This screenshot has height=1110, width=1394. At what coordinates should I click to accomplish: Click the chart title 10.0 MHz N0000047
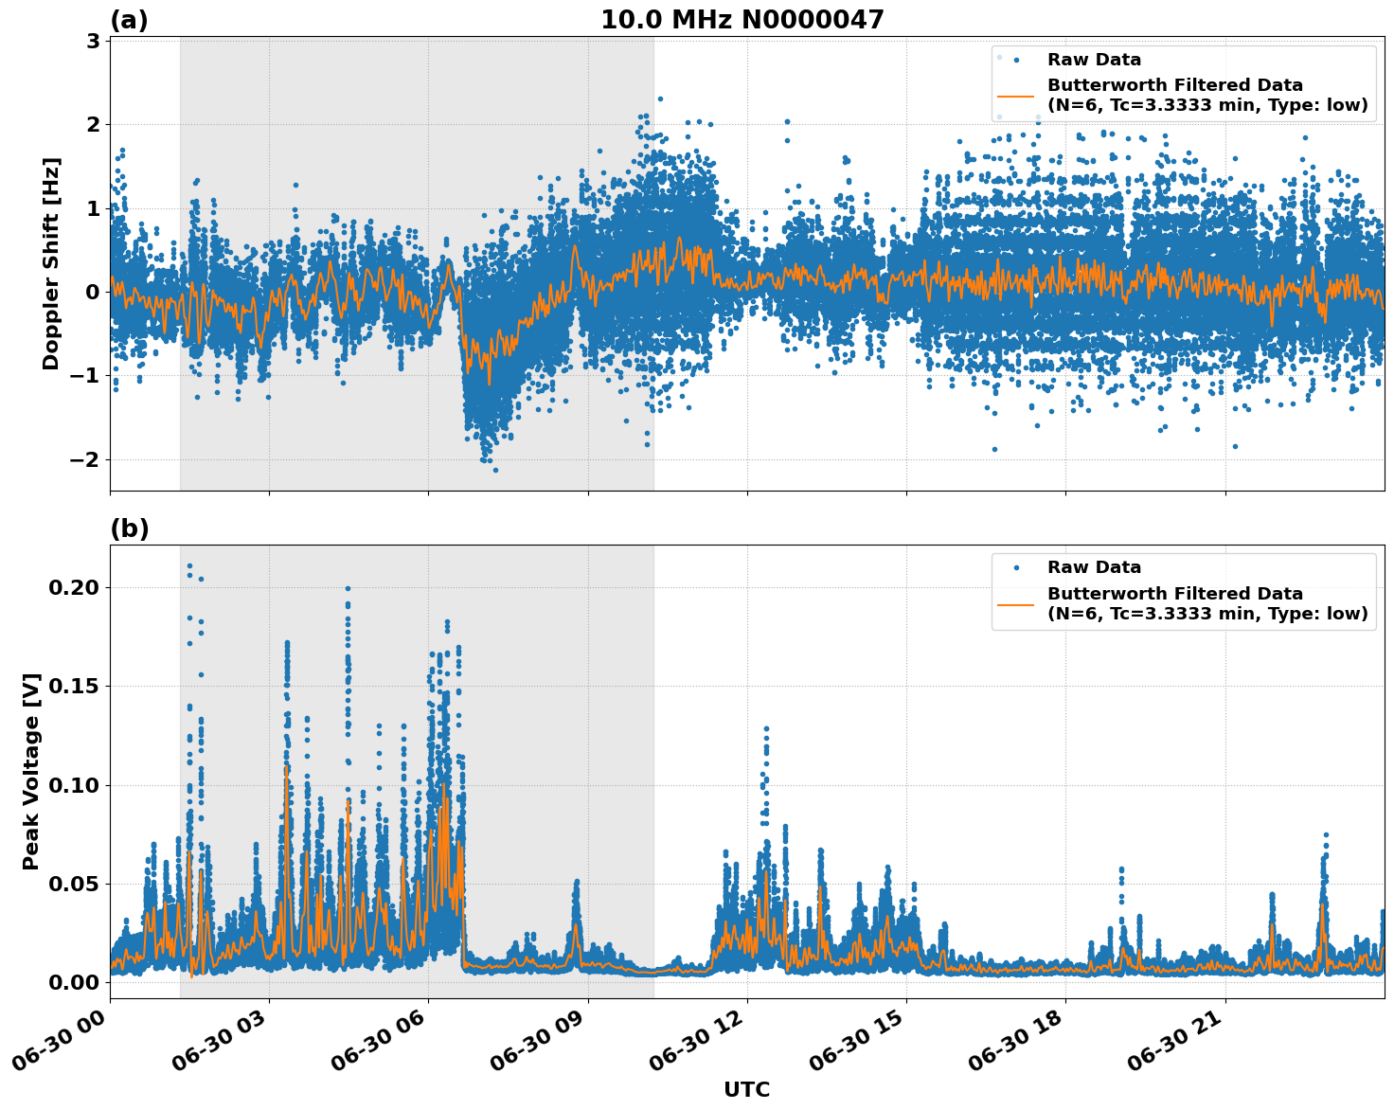tap(742, 20)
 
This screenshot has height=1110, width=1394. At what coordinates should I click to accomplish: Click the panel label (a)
tap(129, 20)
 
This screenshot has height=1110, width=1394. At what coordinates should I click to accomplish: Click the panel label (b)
tap(129, 528)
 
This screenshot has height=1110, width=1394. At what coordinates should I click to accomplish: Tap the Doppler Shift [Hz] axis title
tap(51, 263)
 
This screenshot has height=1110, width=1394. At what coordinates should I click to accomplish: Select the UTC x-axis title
tap(746, 1089)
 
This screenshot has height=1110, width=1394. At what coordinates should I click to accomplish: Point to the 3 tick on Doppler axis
tap(93, 41)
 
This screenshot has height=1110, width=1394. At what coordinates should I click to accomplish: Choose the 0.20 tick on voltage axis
tap(74, 587)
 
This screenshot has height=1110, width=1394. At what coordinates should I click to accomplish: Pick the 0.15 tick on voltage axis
tap(74, 686)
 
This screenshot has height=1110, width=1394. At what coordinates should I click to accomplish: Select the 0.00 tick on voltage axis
tap(74, 982)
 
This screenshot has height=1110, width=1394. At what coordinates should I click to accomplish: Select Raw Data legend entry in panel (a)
tap(1094, 60)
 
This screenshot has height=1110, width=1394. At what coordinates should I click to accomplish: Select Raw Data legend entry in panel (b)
tap(1094, 567)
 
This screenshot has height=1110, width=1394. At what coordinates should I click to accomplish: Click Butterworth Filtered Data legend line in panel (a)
tap(1016, 96)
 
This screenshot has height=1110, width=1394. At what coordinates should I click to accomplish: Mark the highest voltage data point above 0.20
tap(189, 565)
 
